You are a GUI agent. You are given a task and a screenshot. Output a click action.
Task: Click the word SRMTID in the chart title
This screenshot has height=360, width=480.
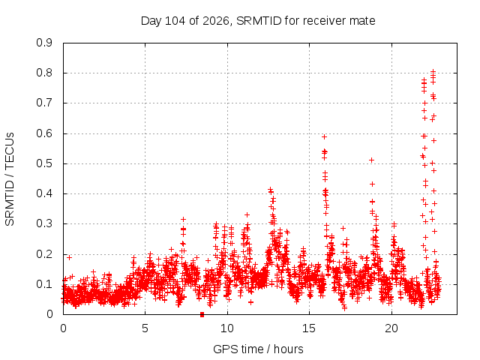[259, 21]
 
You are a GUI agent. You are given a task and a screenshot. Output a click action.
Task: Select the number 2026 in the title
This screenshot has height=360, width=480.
[216, 21]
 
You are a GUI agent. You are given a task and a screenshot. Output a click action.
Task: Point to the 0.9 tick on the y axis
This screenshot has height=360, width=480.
[44, 43]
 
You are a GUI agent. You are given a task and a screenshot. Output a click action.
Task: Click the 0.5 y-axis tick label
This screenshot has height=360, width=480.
[44, 163]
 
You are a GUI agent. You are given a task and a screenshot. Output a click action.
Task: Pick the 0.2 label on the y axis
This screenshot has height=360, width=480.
[44, 254]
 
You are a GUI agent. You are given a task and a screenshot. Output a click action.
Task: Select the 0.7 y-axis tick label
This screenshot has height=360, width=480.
[44, 103]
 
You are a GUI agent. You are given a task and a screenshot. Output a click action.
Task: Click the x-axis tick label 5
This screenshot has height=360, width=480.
[145, 328]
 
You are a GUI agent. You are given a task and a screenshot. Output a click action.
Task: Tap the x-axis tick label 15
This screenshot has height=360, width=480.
[309, 328]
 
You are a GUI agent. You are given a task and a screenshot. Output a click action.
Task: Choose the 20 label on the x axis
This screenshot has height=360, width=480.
[391, 328]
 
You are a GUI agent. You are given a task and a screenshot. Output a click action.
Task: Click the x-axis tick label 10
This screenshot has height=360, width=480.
[227, 328]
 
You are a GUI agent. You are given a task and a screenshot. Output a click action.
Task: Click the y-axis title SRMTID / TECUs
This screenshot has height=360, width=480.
[10, 179]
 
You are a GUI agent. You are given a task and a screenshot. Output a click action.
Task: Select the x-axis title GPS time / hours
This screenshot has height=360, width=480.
[258, 349]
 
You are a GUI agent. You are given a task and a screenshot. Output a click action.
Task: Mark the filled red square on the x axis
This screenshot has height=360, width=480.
[202, 314]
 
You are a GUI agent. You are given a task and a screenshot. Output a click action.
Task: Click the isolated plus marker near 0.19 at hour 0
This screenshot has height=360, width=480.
[70, 258]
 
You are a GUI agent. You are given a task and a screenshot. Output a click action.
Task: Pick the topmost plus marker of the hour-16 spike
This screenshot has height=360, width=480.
[325, 136]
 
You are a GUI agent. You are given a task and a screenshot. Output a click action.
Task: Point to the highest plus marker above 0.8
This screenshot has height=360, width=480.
[433, 72]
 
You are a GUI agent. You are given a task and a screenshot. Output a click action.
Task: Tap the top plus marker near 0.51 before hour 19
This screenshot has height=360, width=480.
[372, 160]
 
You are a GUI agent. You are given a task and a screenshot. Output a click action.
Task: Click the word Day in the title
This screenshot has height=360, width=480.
[151, 21]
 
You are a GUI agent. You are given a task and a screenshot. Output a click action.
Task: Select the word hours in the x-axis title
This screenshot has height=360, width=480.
[288, 349]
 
